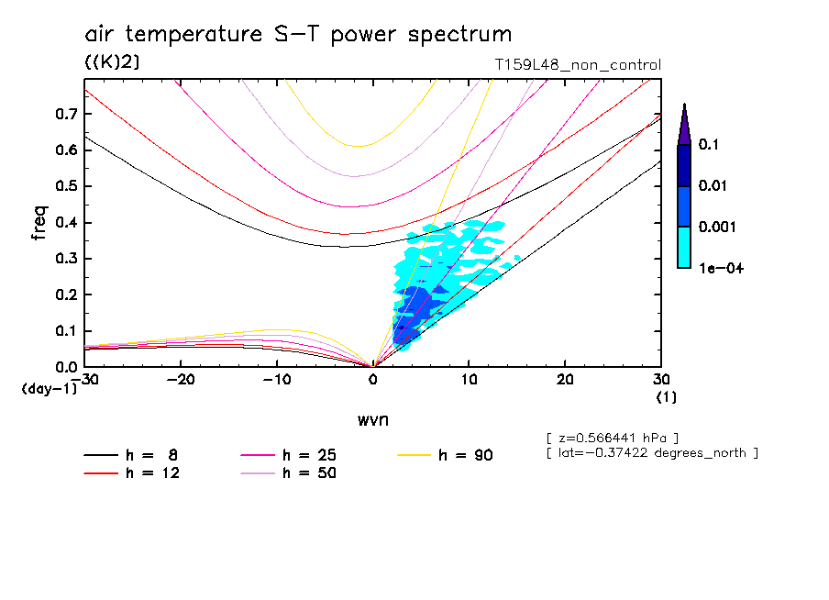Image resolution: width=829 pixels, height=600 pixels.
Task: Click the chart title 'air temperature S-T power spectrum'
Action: pos(298,35)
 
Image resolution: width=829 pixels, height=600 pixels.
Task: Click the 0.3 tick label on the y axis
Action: pos(67,259)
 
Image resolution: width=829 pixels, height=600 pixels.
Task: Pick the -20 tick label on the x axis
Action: pos(181,380)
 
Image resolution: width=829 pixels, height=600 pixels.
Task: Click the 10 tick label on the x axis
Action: pos(469,380)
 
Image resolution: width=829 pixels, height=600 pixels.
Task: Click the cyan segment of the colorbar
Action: pos(684,247)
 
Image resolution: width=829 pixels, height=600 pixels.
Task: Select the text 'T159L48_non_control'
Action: pos(577,65)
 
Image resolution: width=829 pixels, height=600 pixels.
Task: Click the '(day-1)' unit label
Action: pos(50,389)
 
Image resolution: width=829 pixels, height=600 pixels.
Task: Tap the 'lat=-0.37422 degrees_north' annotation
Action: pos(651,453)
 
